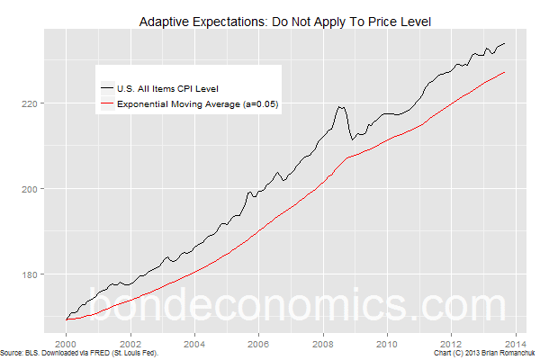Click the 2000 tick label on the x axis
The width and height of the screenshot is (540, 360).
point(67,343)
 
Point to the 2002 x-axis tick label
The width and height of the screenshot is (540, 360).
point(131,343)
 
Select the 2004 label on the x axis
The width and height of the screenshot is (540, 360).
point(195,343)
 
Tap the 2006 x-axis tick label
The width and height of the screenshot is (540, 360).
point(259,343)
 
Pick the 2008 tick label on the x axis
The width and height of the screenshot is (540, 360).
point(323,343)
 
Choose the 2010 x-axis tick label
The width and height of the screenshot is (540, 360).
point(387,343)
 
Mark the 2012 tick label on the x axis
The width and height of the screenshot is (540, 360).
point(451,343)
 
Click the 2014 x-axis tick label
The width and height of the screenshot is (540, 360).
point(516,343)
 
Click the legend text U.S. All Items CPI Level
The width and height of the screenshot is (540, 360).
point(168,88)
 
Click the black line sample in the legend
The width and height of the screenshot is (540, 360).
point(107,88)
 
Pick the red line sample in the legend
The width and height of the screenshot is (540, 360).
point(107,104)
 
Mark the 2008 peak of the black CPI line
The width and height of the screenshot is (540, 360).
point(340,107)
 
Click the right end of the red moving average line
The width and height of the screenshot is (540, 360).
point(505,72)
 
